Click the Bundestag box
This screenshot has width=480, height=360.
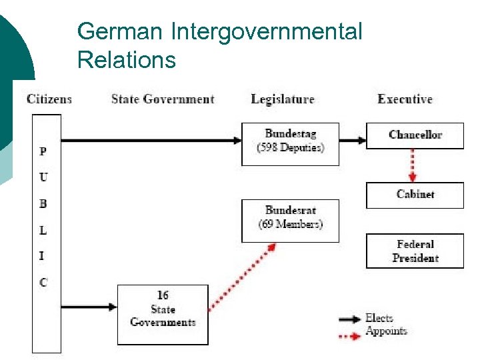point(290,143)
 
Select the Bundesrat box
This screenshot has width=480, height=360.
point(290,220)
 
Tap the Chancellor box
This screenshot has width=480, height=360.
point(415,135)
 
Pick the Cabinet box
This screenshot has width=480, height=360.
point(415,195)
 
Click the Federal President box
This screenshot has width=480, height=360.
point(415,251)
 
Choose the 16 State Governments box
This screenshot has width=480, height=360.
point(163,315)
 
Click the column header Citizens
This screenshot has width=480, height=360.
point(49,99)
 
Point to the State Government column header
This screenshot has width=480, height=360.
point(163,99)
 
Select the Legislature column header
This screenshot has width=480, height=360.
point(283,99)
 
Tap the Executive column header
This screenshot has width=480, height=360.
point(405,99)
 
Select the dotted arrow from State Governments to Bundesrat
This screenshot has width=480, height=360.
point(241,277)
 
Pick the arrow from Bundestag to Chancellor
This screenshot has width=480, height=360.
point(353,141)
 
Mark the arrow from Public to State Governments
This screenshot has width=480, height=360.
point(89,307)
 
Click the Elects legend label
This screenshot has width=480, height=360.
point(379,319)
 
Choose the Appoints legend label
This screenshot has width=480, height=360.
point(386,331)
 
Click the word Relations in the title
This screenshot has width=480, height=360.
point(127,60)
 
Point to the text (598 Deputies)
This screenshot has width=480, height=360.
point(290,148)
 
